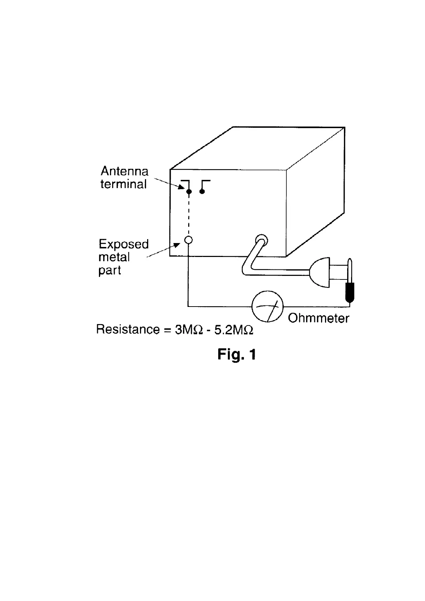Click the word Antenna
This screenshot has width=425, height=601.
pos(124,171)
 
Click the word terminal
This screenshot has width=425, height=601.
pos(123,184)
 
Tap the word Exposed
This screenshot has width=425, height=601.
pos(123,244)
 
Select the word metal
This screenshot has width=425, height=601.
pos(114,257)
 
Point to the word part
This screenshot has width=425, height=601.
pos(110,270)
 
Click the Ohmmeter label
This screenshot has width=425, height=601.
pos(318,318)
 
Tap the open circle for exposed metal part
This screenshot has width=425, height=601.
pos(188,240)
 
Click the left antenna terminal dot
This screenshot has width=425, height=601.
pos(189,192)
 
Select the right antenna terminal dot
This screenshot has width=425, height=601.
pos(202,192)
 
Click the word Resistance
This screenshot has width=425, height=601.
pos(128,329)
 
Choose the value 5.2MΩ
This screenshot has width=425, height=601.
pos(234,329)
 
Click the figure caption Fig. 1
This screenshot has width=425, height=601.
pos(236,354)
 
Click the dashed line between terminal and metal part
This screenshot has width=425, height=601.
pos(188,216)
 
